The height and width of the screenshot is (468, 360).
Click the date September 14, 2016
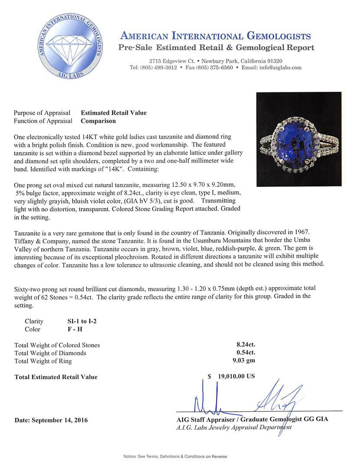[51, 420]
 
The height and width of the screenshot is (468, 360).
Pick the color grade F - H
[71, 329]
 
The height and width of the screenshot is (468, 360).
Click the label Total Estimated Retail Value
[56, 377]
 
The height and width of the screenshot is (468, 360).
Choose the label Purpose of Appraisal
[42, 113]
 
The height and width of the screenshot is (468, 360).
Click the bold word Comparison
[98, 121]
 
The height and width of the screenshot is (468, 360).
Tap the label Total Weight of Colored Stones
[57, 345]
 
